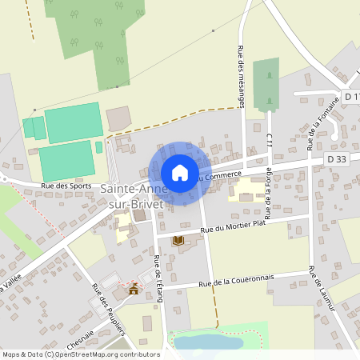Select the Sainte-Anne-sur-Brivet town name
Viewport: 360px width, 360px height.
(x=133, y=197)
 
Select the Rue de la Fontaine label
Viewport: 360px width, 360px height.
(x=322, y=123)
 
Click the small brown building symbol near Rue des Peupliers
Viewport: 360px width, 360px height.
(x=134, y=289)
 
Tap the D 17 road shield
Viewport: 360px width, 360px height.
(x=352, y=97)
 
